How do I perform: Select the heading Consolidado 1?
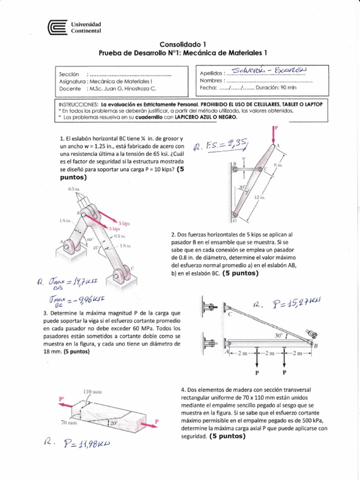180,45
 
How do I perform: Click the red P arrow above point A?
275,134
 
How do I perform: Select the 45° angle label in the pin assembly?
95,248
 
